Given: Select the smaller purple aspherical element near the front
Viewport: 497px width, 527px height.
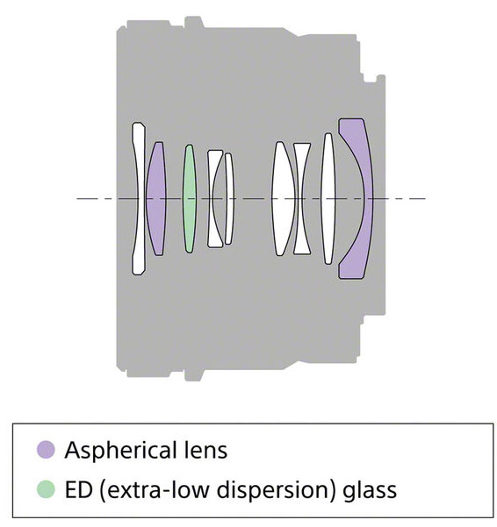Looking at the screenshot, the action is (x=155, y=198).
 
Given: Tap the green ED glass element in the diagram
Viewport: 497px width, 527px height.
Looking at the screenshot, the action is (x=190, y=198).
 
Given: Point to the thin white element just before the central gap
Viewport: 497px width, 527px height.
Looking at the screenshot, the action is (x=229, y=198).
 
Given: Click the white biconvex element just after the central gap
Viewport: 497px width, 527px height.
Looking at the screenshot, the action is (x=284, y=198).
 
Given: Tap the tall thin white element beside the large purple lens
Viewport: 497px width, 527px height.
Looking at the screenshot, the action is (x=328, y=198).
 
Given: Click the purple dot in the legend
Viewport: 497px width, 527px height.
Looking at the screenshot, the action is (x=46, y=449).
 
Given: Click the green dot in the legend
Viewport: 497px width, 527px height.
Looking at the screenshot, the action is (x=46, y=489).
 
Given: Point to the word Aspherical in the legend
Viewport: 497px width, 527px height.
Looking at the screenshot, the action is (x=119, y=451).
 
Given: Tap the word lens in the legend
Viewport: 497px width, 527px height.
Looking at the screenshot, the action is (x=206, y=450).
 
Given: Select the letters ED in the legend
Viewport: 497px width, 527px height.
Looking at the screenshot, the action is (x=78, y=489).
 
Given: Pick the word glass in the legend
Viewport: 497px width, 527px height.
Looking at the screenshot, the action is (x=370, y=491).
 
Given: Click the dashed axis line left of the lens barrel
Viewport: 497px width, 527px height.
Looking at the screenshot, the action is (x=97, y=199).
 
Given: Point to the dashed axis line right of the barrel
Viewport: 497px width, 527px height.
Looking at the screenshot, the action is (x=406, y=199).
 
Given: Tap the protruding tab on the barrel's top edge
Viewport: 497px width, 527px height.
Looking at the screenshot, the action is (x=194, y=22).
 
